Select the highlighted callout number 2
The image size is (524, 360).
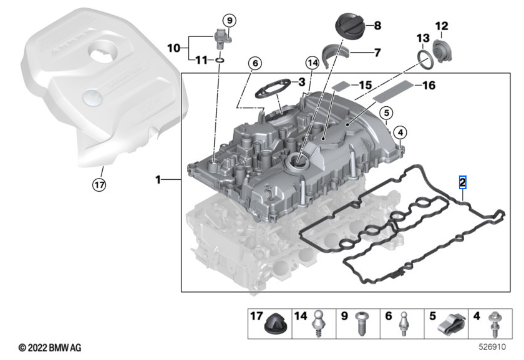click(x=463, y=182)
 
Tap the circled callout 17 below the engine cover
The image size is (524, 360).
click(x=99, y=185)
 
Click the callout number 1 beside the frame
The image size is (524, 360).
click(x=158, y=179)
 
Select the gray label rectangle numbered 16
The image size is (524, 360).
click(x=393, y=91)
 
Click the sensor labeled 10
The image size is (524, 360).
click(x=220, y=38)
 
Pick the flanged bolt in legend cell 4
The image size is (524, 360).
click(x=493, y=325)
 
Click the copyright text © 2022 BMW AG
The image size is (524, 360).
click(x=49, y=348)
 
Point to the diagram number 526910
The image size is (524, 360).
click(x=492, y=347)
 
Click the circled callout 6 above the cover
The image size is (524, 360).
click(x=255, y=63)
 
